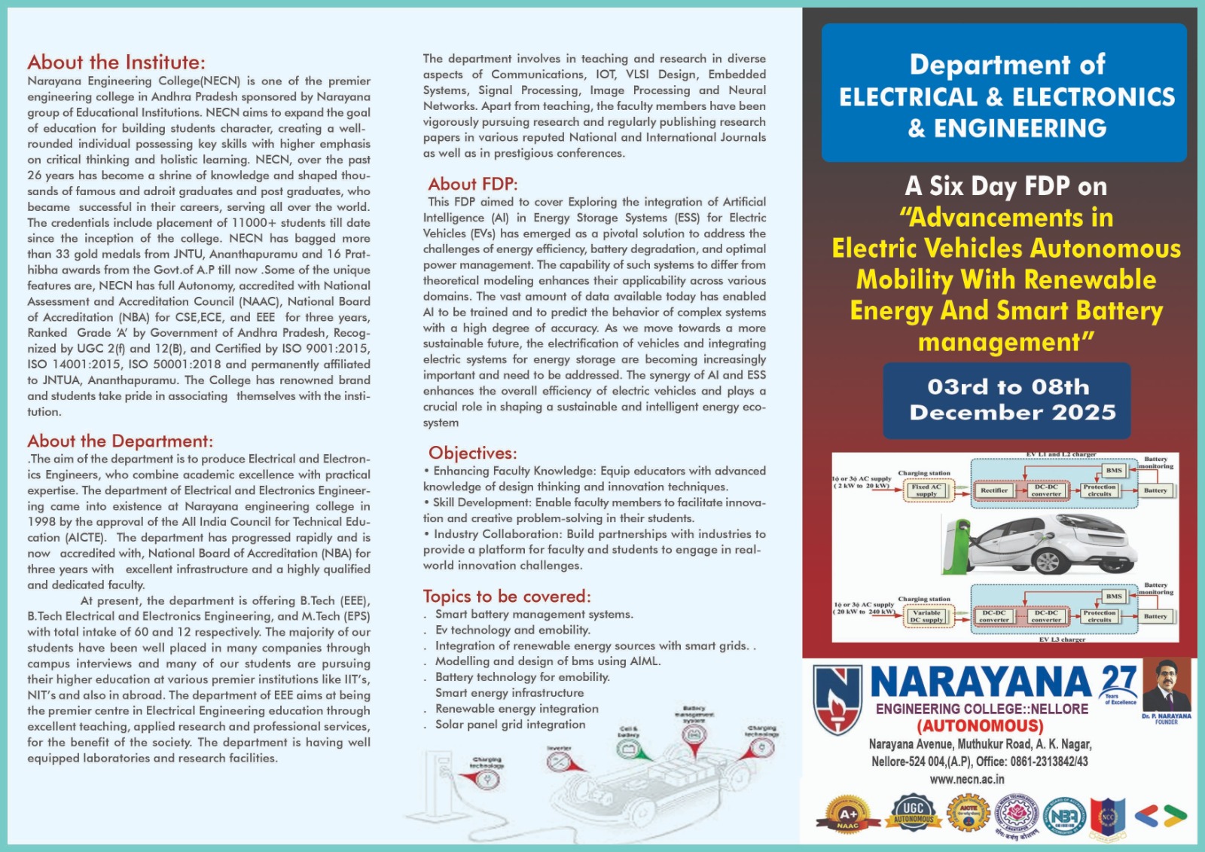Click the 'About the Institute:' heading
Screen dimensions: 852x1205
pyautogui.click(x=116, y=63)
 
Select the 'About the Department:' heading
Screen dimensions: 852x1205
pyautogui.click(x=120, y=441)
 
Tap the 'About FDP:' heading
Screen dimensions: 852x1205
pyautogui.click(x=473, y=184)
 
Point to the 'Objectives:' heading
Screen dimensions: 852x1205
pyautogui.click(x=473, y=453)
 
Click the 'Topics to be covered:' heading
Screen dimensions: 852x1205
pyautogui.click(x=507, y=597)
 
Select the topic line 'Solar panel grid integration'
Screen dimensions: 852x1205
pyautogui.click(x=510, y=725)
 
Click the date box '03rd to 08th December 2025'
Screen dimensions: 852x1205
pyautogui.click(x=1006, y=400)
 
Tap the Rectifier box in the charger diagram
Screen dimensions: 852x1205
pyautogui.click(x=993, y=490)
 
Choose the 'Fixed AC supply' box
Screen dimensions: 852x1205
pyautogui.click(x=926, y=490)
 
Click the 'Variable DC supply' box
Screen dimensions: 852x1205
pyautogui.click(x=926, y=616)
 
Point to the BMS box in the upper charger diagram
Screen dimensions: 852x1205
pyautogui.click(x=1114, y=470)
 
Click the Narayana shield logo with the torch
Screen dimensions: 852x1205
pyautogui.click(x=837, y=700)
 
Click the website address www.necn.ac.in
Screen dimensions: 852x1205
pyautogui.click(x=966, y=780)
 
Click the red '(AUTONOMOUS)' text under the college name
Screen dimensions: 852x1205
pyautogui.click(x=980, y=726)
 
